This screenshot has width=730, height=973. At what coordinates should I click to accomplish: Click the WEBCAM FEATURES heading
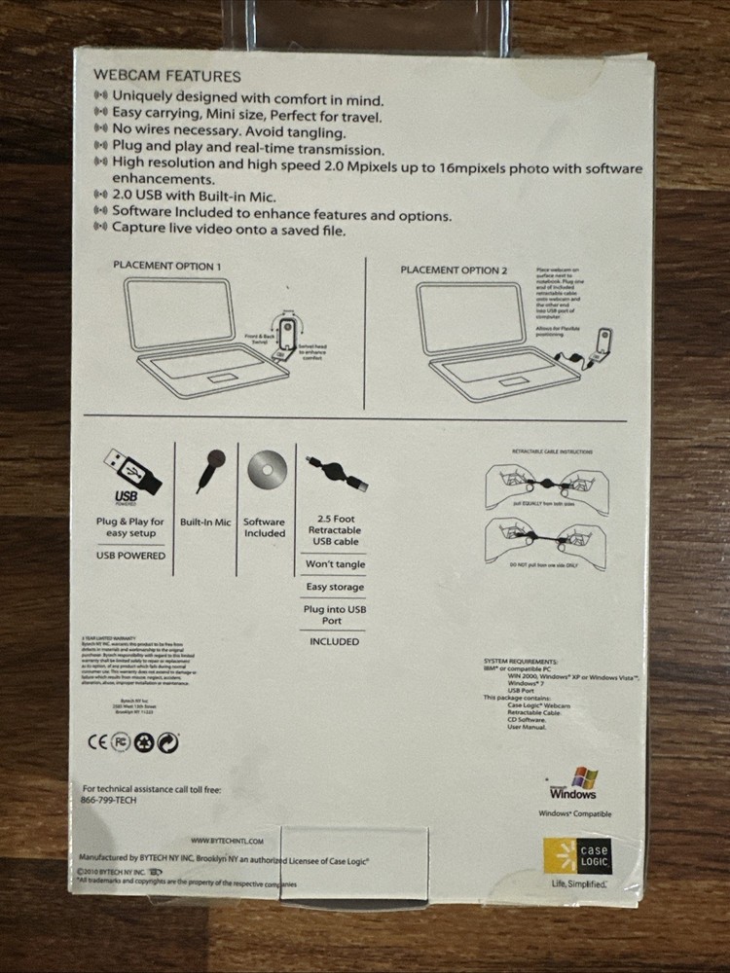point(166,76)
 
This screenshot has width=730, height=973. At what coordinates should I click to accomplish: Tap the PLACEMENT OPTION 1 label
point(166,266)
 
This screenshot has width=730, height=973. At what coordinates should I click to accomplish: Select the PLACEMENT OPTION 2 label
point(454,270)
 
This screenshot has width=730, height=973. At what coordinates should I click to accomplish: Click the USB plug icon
point(130,471)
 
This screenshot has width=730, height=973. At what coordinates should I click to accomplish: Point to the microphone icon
point(211,468)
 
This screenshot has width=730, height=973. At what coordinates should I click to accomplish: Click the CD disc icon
point(265,471)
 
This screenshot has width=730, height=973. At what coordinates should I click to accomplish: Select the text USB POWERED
point(130,556)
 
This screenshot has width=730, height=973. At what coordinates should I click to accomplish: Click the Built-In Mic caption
point(205,523)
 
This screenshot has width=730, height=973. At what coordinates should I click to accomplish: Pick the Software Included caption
point(265,527)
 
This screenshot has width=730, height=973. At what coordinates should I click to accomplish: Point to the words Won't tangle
point(335,563)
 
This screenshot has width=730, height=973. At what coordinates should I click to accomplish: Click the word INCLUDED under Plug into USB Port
point(335,642)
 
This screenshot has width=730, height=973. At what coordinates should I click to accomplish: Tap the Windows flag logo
point(584,778)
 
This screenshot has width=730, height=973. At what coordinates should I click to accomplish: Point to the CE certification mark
point(95,742)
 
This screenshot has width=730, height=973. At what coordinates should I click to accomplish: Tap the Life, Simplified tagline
point(580,883)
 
